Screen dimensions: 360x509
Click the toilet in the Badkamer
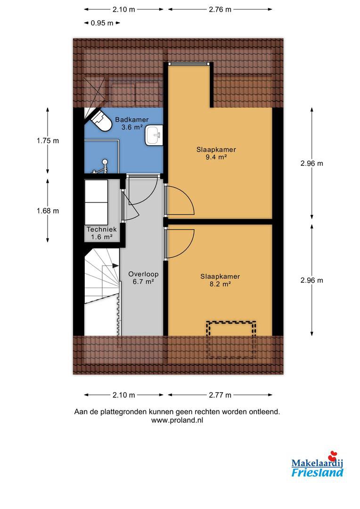(101, 121)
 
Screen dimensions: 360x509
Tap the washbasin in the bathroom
(154, 136)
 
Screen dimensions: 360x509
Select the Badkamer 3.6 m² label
(132, 123)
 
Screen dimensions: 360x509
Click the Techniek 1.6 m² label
(102, 233)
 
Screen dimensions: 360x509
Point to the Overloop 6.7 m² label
(143, 278)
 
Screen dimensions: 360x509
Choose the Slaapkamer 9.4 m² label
(216, 153)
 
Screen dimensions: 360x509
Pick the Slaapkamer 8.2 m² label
(220, 280)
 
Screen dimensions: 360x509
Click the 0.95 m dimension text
(102, 23)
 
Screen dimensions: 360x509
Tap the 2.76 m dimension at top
(220, 9)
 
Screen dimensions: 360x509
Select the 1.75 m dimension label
(48, 140)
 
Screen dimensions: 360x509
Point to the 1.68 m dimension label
(48, 211)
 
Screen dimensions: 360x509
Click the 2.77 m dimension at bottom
(220, 395)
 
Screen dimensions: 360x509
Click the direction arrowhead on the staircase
(115, 265)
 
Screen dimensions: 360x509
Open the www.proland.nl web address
(177, 420)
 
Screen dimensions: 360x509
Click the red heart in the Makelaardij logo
(333, 456)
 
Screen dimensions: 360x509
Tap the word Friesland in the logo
(317, 472)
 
